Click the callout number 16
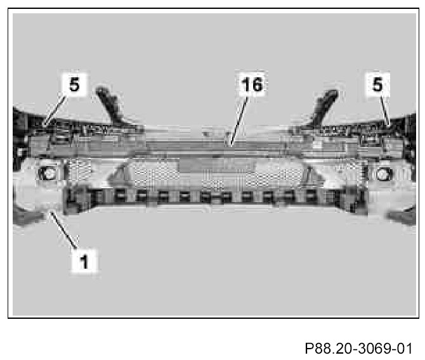coord(252,85)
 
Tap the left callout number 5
coord(75,85)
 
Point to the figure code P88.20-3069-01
coord(359,349)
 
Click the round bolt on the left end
coord(48,172)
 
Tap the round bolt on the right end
coord(383,173)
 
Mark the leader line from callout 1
coord(63,228)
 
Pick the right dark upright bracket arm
coord(324,104)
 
